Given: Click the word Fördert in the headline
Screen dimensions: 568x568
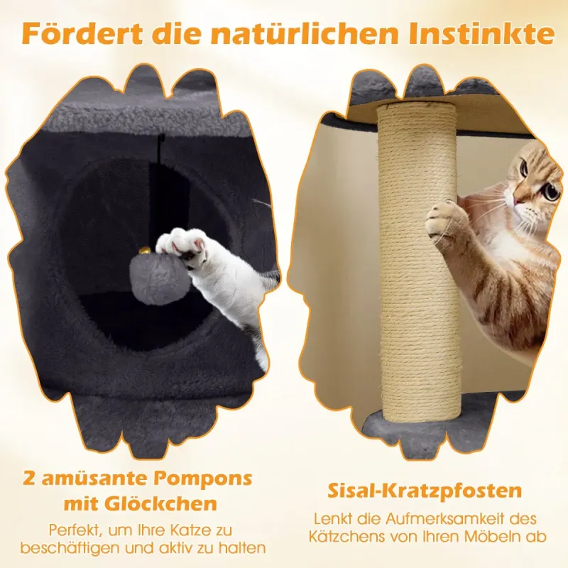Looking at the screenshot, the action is click(82, 33).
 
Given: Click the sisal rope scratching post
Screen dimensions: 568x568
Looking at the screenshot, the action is click(419, 263).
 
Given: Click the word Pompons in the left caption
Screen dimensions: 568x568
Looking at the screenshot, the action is click(203, 479).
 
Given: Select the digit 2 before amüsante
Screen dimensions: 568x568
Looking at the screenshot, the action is click(29, 479).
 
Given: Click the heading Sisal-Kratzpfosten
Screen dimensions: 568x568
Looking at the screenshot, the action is click(425, 491).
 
